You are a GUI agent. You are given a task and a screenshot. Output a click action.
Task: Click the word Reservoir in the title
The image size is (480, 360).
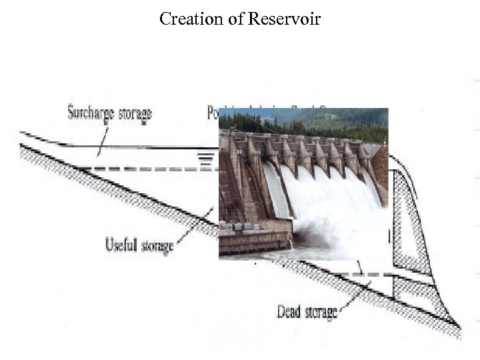(x=284, y=19)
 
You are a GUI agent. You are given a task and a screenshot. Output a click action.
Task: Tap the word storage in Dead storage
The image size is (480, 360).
(x=321, y=311)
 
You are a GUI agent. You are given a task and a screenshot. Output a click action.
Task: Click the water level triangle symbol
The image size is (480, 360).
(x=207, y=159)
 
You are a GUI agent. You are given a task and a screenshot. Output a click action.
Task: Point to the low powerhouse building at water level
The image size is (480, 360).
(x=253, y=237)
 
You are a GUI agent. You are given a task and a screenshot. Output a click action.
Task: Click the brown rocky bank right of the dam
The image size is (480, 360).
(x=381, y=167)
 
